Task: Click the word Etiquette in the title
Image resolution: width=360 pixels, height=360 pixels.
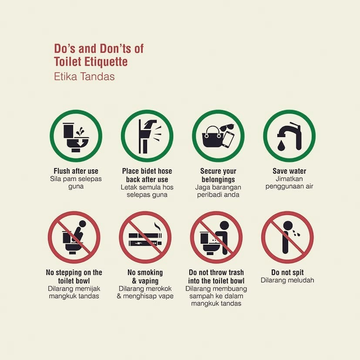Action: [106, 61]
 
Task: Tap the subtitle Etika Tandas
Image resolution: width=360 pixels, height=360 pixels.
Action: [84, 77]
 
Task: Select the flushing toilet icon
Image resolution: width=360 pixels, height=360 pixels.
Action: [76, 137]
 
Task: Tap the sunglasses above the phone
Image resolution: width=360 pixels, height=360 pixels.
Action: [227, 128]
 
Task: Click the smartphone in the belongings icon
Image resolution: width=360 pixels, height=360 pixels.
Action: [228, 139]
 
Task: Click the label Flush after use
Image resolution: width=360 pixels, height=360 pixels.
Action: [76, 171]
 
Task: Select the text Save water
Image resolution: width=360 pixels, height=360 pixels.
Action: [289, 171]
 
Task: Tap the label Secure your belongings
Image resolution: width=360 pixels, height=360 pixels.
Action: [218, 175]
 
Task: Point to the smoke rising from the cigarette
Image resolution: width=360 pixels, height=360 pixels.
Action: [158, 226]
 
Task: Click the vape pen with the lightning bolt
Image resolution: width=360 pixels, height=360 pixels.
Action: [145, 243]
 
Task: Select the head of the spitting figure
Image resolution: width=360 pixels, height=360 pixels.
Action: [287, 225]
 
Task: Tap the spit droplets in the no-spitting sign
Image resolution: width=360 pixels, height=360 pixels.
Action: [296, 233]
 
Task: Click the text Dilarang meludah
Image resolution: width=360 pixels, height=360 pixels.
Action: [287, 280]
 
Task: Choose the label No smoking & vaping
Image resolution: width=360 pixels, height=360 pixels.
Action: [145, 277]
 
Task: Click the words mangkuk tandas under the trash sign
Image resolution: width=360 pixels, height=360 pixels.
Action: [216, 303]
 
